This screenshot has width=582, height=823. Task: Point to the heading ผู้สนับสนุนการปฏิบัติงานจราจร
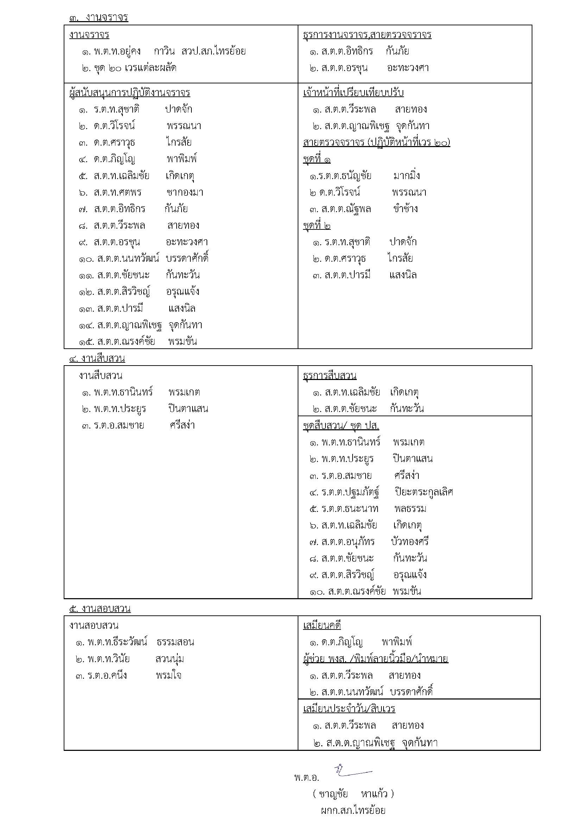[x=129, y=93]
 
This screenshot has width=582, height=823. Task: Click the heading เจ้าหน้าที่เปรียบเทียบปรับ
[x=353, y=93]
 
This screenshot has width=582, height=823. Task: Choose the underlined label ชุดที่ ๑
[x=317, y=159]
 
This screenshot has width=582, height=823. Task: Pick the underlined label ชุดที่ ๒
[x=317, y=226]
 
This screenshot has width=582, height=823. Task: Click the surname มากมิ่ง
[x=407, y=176]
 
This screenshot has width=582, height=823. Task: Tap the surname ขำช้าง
[x=405, y=209]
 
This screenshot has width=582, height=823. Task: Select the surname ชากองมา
[x=185, y=192]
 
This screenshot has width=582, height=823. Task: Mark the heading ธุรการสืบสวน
[x=330, y=376]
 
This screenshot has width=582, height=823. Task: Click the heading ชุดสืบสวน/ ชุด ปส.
[x=341, y=425]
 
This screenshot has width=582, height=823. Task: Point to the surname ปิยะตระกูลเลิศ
[x=424, y=492]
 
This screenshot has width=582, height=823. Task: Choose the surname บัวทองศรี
[x=410, y=541]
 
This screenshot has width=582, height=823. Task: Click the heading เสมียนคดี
[x=322, y=626]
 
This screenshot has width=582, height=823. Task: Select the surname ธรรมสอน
[x=175, y=642]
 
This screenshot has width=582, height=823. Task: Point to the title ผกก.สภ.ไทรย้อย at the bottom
[x=353, y=810]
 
